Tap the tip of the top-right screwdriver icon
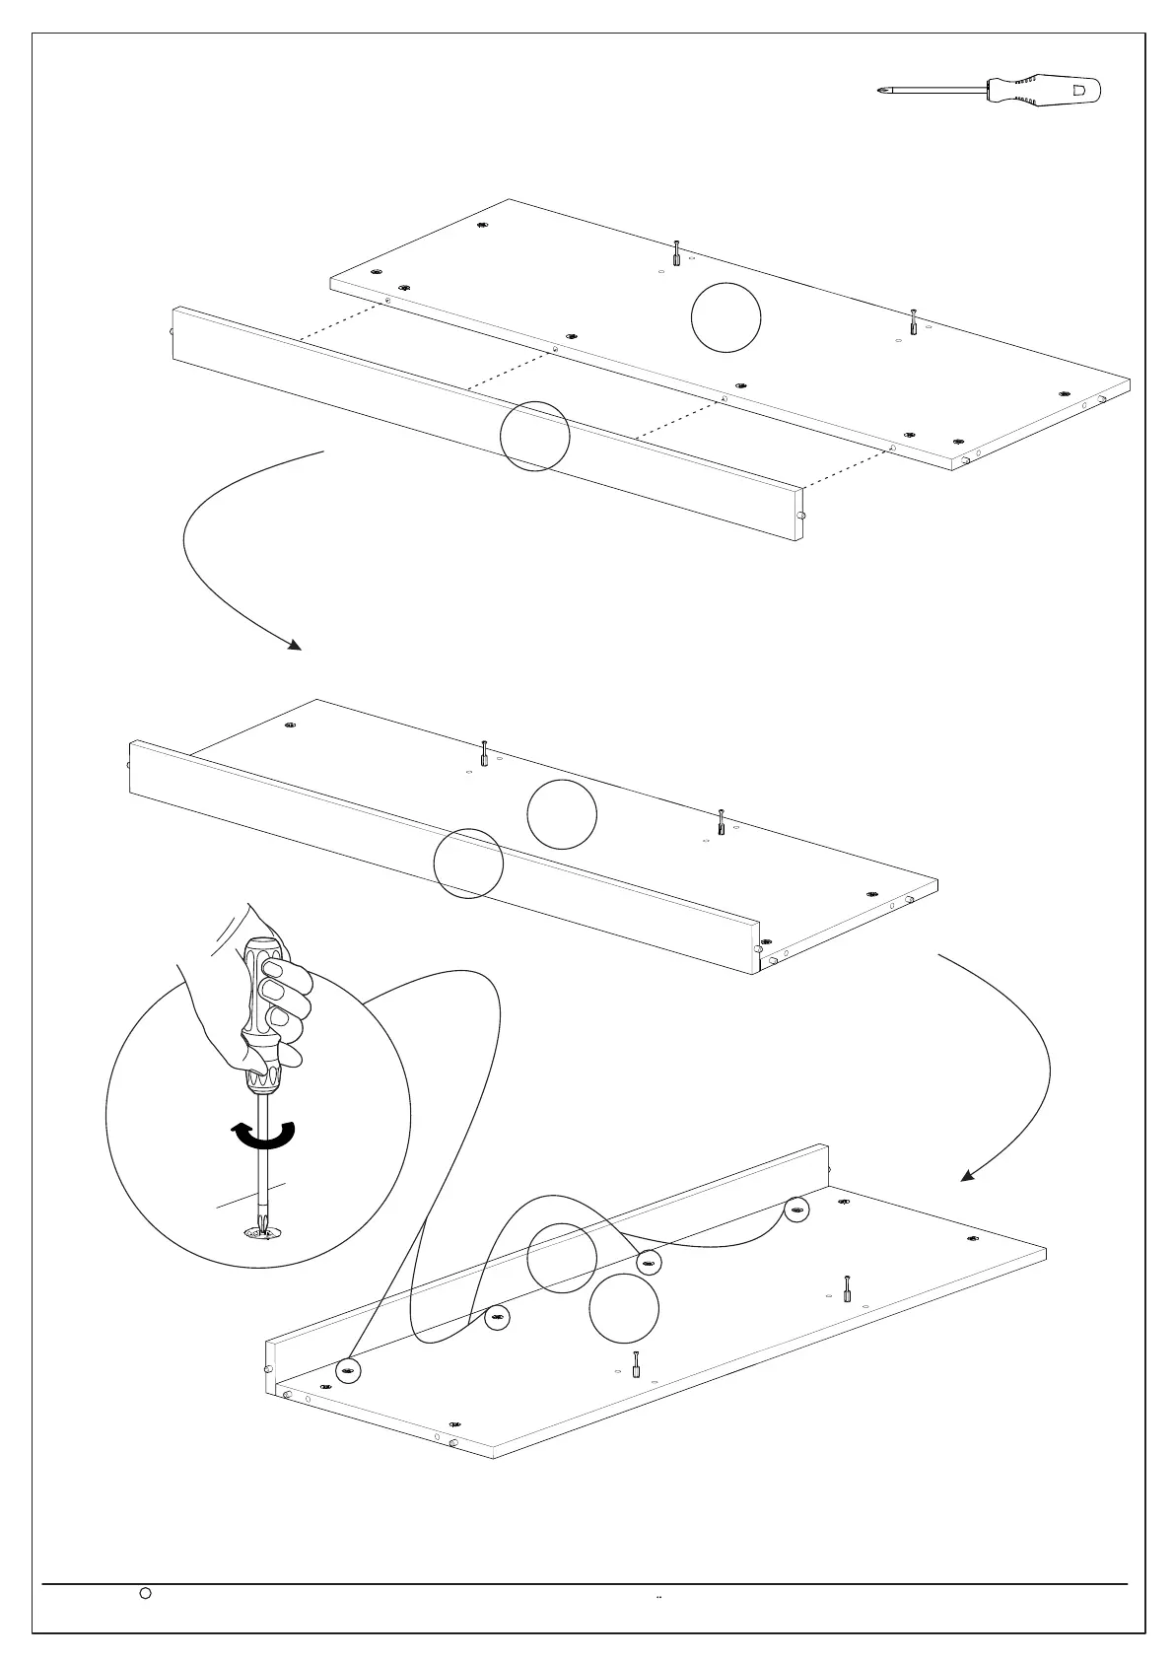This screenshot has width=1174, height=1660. (879, 91)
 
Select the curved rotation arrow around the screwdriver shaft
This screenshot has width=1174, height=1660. (263, 1136)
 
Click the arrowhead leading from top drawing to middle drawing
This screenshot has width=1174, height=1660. (294, 646)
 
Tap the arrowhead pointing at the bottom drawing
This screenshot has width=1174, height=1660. (969, 1175)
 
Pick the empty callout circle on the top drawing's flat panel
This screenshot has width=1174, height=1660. (725, 316)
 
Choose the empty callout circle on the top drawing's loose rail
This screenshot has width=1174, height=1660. (535, 435)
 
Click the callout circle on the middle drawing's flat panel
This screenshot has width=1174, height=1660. (562, 814)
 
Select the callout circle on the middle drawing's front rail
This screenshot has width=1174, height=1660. (469, 864)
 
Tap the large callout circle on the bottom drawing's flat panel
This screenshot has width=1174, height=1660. (624, 1308)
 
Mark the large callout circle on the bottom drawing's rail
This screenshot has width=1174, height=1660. (562, 1257)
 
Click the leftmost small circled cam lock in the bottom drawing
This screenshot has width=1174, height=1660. (348, 1369)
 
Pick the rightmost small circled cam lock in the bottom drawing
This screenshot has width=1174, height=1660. (796, 1209)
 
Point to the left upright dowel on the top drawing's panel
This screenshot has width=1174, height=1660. (676, 252)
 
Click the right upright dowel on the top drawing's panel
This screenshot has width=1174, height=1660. (914, 321)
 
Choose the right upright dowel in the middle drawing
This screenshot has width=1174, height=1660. (722, 821)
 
